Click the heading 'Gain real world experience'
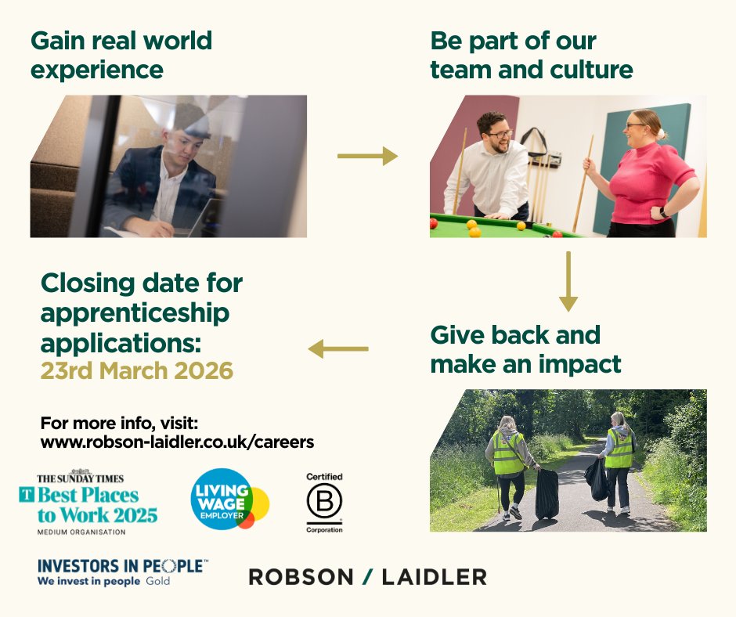[x=121, y=55]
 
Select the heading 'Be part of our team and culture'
[x=532, y=55]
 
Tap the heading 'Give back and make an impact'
[x=525, y=349]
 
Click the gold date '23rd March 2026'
[x=137, y=370]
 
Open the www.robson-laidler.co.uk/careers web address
[x=177, y=442]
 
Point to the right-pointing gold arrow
[x=367, y=157]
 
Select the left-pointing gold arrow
[x=338, y=348]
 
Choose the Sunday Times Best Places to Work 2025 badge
[x=88, y=504]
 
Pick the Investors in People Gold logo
[x=122, y=572]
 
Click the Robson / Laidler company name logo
[x=367, y=577]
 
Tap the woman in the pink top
[x=650, y=176]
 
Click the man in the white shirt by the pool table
[x=493, y=168]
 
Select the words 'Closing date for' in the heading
[x=142, y=283]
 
